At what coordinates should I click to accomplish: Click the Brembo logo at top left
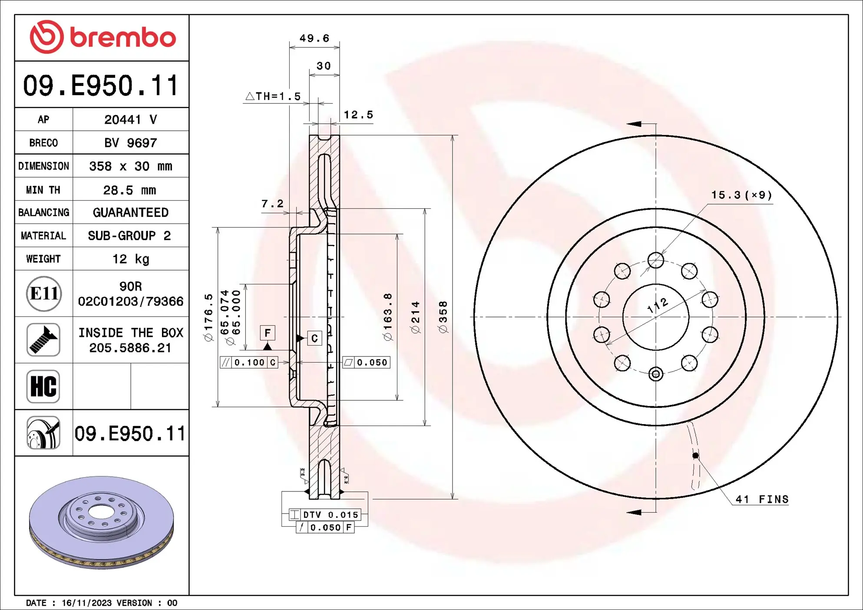pos(103,37)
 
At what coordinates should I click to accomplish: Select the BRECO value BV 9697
pos(130,143)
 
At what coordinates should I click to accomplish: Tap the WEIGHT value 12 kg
pos(130,259)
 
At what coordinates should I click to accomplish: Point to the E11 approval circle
pos(43,293)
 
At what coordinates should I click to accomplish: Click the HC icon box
pos(43,386)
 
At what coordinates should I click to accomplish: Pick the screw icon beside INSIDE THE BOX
pos(43,340)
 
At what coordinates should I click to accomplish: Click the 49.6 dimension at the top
pos(314,38)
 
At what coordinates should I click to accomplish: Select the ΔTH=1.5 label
pos(273,96)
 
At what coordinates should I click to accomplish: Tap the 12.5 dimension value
pos(358,115)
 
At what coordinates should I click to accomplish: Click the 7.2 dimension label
pos(272,203)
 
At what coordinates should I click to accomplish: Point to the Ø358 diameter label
pos(443,317)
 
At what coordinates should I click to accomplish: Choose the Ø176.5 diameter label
pos(209,317)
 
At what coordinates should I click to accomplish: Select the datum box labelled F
pos(268,333)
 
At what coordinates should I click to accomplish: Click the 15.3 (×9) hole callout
pos(741,195)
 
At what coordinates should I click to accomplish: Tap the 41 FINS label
pos(762,499)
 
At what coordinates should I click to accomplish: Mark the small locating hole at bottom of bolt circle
pos(655,374)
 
